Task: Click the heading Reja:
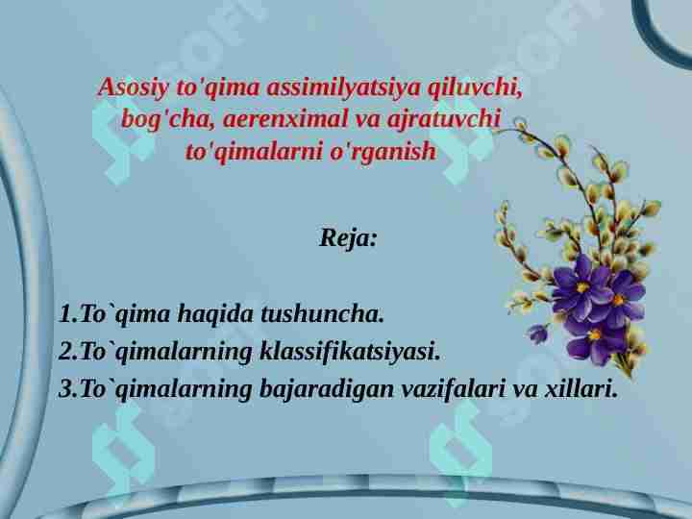(348, 237)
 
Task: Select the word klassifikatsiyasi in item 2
(350, 353)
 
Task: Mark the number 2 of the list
(64, 353)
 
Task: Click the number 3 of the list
(64, 390)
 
